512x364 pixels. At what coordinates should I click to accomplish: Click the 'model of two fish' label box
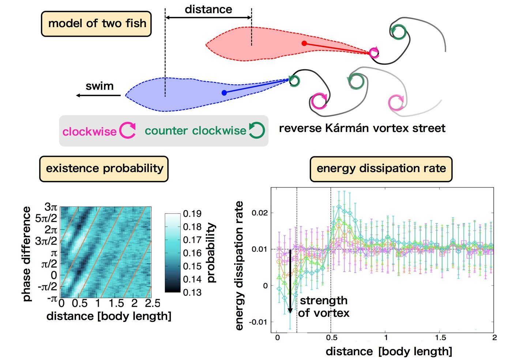[x=97, y=24]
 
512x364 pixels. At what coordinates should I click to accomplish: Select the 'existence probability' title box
[x=104, y=168]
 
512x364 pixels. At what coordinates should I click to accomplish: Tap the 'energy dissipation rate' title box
[x=381, y=168]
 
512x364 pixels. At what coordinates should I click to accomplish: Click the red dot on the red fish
[x=304, y=43]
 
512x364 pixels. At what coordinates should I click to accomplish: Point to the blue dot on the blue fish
[x=224, y=93]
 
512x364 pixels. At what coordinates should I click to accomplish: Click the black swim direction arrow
[x=98, y=96]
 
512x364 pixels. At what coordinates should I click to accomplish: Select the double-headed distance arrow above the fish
[x=208, y=18]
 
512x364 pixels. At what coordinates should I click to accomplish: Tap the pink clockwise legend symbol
[x=128, y=131]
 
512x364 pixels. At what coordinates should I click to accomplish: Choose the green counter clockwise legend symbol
[x=257, y=130]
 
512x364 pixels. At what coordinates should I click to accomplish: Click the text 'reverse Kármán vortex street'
[x=362, y=128]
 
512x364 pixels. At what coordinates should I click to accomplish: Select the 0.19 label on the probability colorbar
[x=192, y=214]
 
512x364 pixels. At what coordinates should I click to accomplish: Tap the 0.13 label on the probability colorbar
[x=192, y=292]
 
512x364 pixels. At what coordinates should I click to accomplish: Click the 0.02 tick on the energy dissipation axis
[x=260, y=213]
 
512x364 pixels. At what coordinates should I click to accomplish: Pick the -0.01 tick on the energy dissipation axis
[x=258, y=322]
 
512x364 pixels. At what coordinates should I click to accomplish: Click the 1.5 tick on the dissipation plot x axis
[x=440, y=338]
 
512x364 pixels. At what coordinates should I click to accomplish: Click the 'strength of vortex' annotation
[x=324, y=307]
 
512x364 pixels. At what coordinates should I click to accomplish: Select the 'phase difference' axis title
[x=27, y=254]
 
